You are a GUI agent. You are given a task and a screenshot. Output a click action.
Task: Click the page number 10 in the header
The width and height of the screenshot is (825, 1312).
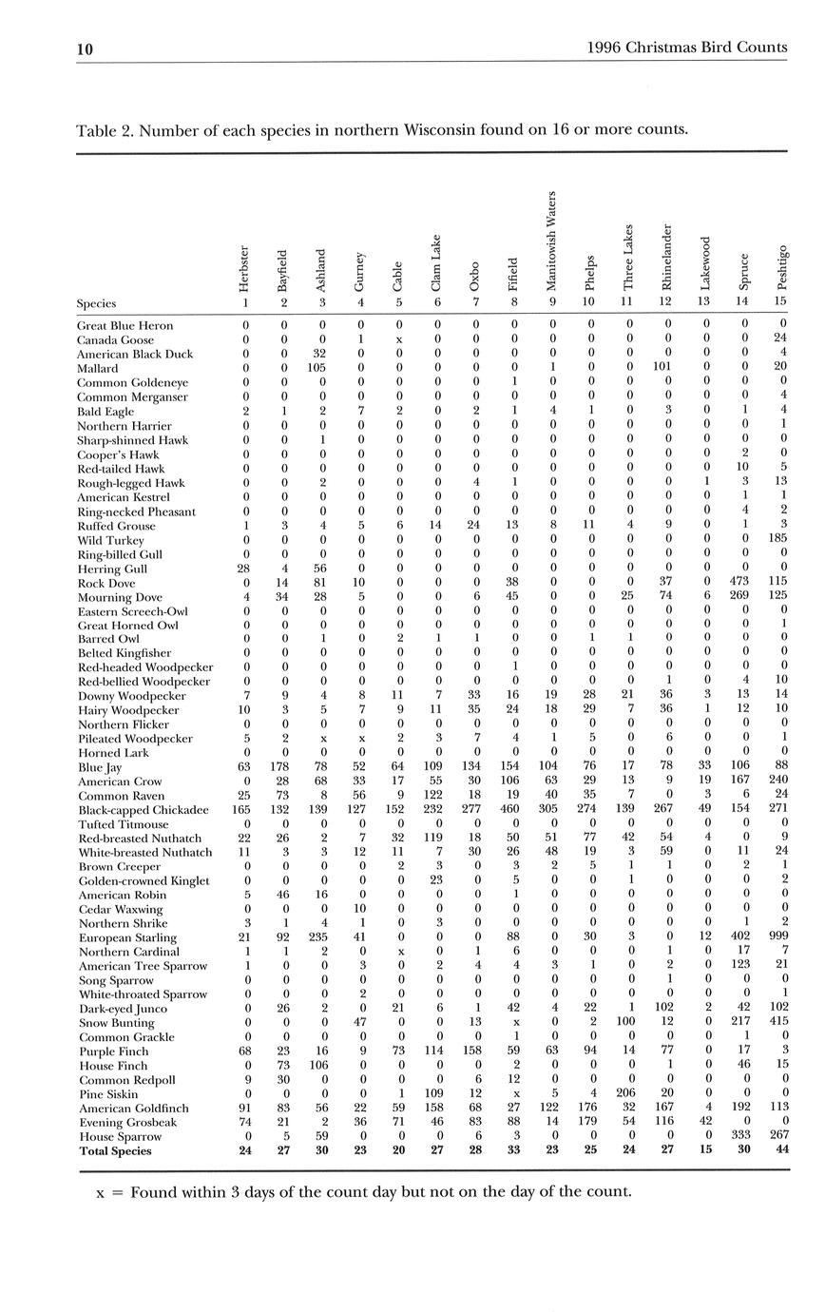click(85, 48)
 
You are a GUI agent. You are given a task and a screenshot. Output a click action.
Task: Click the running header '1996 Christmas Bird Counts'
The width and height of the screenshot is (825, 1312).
click(687, 47)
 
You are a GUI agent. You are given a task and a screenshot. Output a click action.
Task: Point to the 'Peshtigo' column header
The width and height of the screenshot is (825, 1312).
click(782, 267)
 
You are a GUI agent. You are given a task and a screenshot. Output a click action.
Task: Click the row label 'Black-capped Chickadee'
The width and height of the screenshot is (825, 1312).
click(143, 810)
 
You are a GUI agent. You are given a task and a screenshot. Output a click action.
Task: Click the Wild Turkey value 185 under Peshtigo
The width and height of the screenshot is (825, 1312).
click(782, 540)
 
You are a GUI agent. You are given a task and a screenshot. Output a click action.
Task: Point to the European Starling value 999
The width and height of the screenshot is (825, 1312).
click(782, 937)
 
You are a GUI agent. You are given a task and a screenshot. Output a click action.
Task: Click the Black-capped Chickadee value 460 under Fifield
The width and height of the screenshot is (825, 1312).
click(514, 810)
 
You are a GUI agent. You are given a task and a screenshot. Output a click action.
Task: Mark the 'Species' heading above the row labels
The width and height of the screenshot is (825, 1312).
click(96, 304)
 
